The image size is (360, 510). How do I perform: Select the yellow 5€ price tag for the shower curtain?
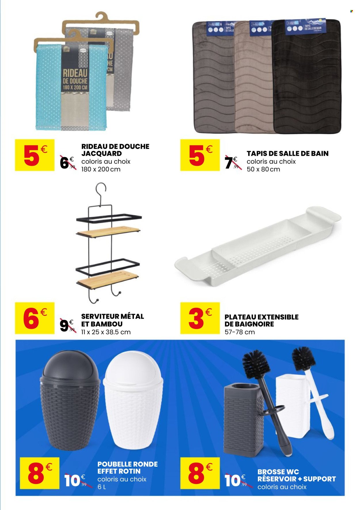point(35,155)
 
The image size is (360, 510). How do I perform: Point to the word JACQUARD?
point(101,154)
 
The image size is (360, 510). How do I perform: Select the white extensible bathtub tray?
point(258,246)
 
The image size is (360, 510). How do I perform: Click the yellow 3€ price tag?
point(200,318)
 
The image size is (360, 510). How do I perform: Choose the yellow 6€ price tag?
point(35,318)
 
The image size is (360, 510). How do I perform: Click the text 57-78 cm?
point(240,332)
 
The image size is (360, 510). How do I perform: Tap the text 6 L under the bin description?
point(102,487)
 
